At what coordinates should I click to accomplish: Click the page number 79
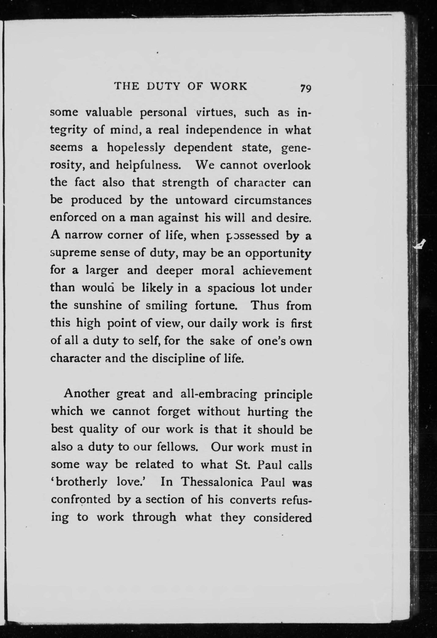pyautogui.click(x=305, y=88)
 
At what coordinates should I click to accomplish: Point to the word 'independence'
pyautogui.click(x=224, y=130)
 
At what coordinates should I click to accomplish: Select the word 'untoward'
pyautogui.click(x=202, y=200)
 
